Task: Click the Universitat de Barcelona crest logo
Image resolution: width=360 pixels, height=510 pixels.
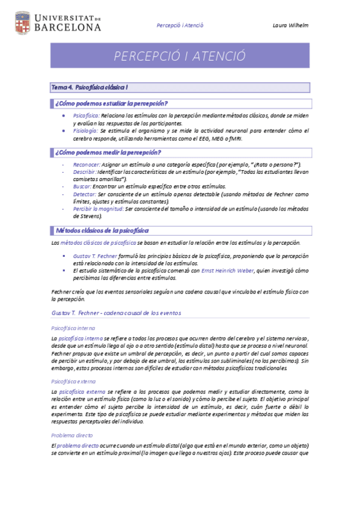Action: [x=22, y=22]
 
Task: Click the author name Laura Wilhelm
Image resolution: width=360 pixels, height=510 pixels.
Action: [x=290, y=25]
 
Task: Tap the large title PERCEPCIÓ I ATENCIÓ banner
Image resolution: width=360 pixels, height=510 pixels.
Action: [x=180, y=56]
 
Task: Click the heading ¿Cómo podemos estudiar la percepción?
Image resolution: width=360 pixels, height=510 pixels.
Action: [x=111, y=103]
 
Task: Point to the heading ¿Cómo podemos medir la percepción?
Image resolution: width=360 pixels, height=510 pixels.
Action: [x=108, y=152]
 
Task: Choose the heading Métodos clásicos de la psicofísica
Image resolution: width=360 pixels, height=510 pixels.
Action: [x=102, y=230]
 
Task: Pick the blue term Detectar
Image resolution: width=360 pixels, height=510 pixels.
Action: [x=85, y=194]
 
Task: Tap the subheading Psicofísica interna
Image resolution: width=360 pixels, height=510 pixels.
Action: [x=73, y=328]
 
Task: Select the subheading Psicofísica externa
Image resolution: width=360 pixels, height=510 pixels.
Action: [x=73, y=381]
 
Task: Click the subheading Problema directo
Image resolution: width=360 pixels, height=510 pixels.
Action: [x=70, y=435]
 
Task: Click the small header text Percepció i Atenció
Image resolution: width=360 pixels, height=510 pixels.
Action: [x=180, y=25]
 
